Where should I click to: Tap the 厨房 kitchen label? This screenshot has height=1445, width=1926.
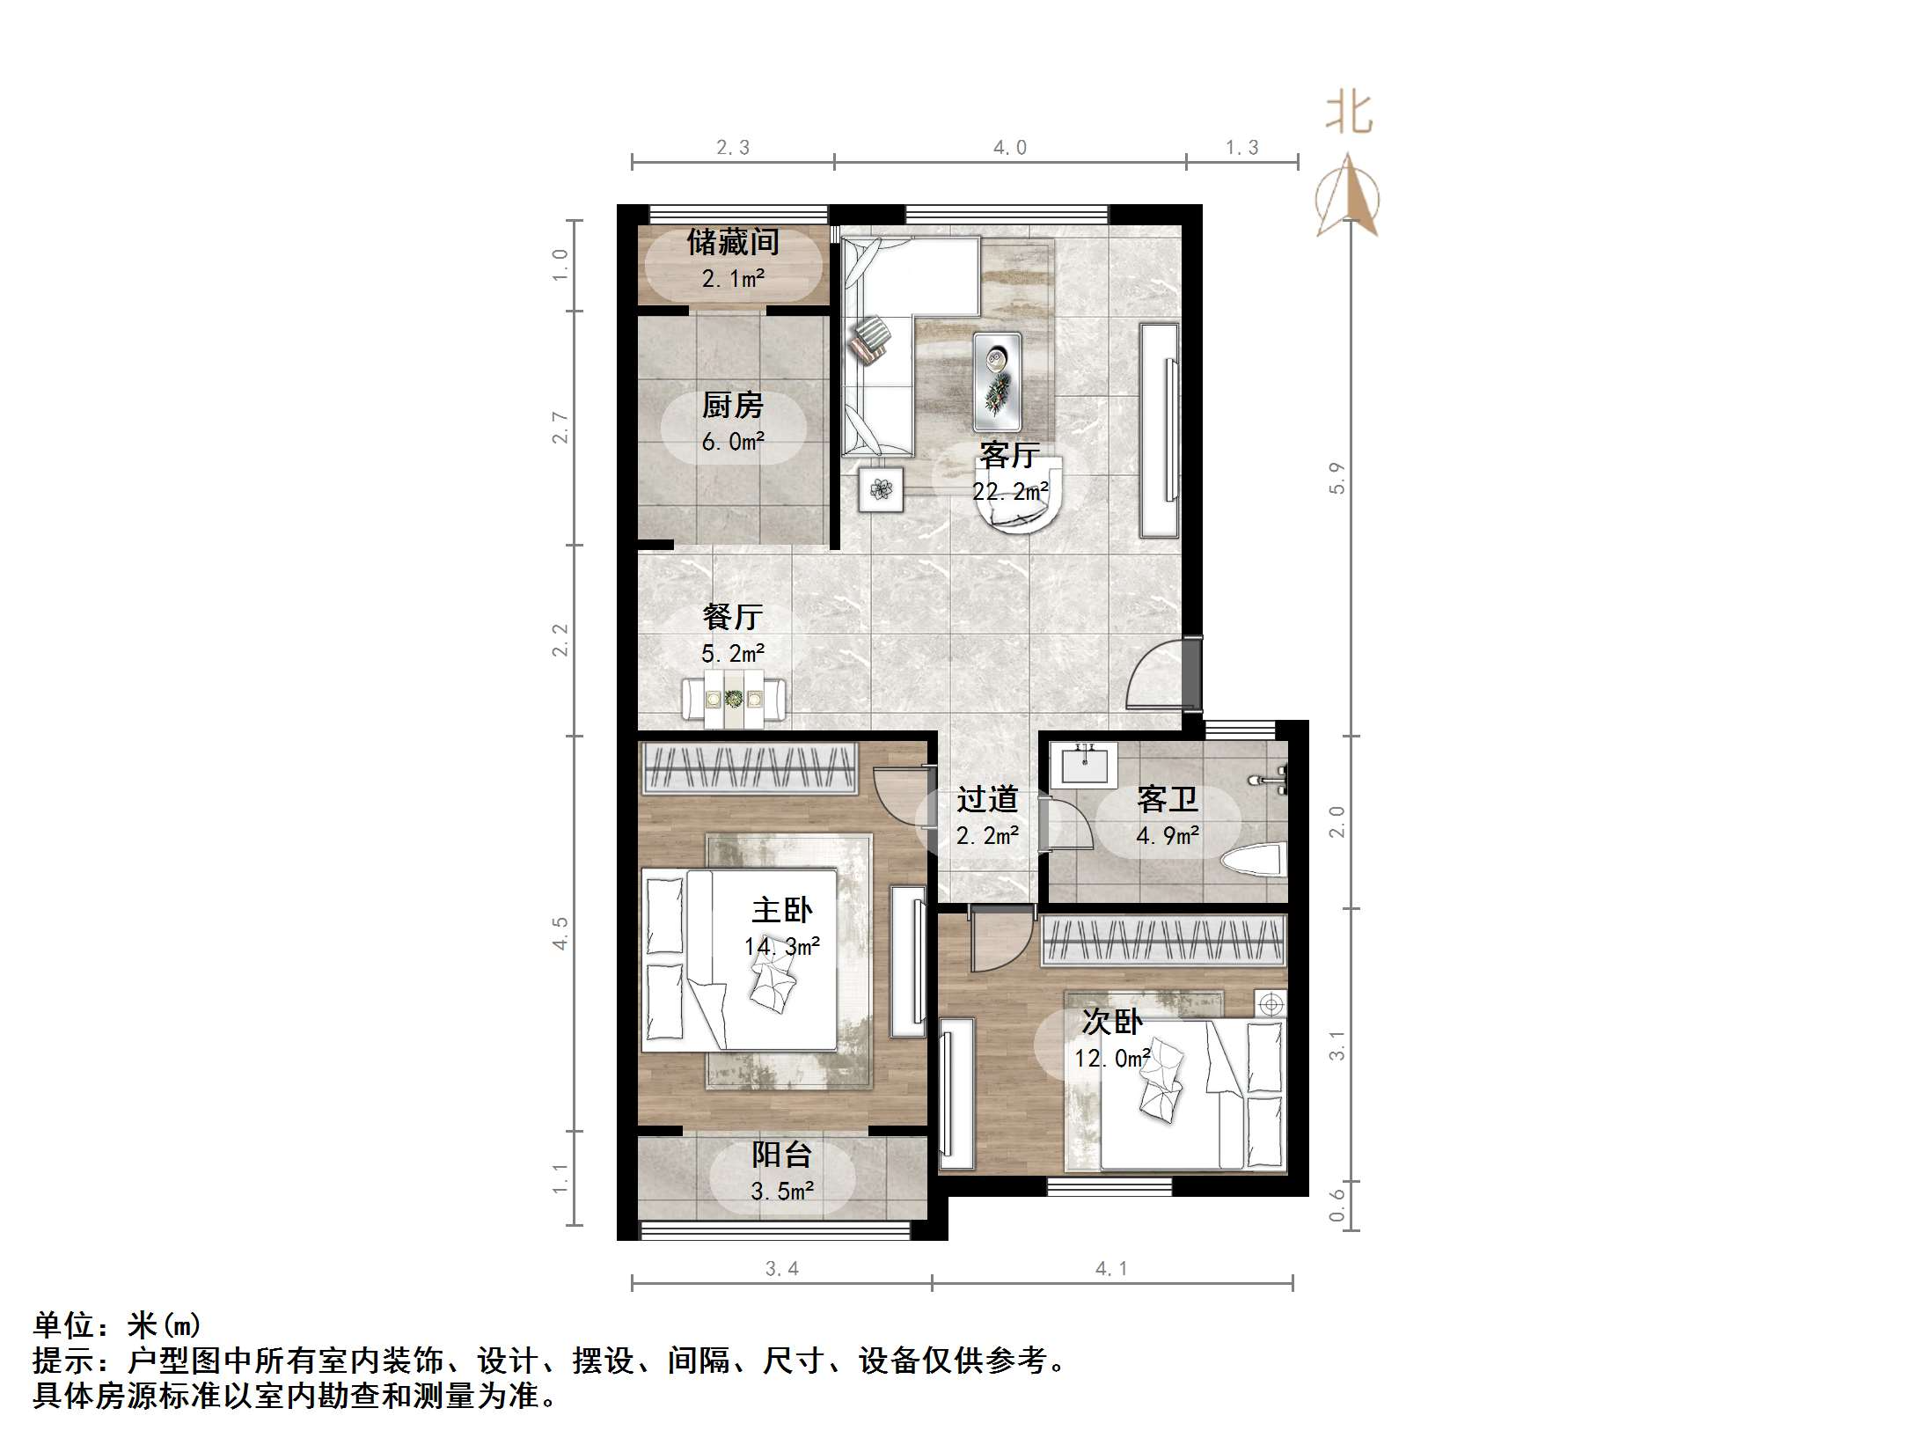click(x=732, y=406)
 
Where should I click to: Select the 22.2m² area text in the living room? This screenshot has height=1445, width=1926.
click(x=1009, y=491)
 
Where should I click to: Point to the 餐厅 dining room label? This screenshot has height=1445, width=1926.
click(x=732, y=617)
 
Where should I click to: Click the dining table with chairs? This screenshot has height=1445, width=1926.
click(x=734, y=700)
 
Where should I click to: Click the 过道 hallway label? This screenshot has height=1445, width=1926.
click(x=987, y=799)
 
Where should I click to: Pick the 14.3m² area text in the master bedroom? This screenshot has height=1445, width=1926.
click(x=781, y=947)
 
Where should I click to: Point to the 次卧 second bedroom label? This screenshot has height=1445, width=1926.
click(x=1112, y=1022)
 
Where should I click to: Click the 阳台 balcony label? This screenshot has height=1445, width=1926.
click(x=781, y=1155)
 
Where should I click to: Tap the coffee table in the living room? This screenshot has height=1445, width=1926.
click(x=997, y=382)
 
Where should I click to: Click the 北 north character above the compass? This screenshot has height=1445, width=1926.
click(x=1348, y=114)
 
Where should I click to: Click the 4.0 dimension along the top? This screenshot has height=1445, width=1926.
click(x=1009, y=148)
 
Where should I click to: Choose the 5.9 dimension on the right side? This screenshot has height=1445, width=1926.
click(x=1336, y=478)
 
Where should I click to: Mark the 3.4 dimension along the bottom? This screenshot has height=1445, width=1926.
click(x=781, y=1268)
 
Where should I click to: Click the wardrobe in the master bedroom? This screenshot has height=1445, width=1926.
click(x=749, y=768)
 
